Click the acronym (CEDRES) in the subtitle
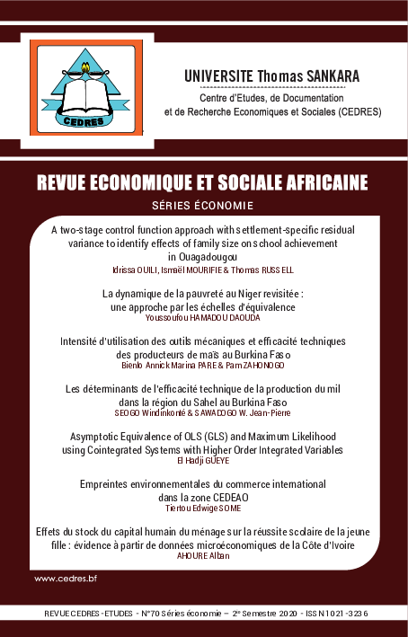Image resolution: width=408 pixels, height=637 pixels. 354,113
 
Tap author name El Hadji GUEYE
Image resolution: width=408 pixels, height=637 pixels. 202,460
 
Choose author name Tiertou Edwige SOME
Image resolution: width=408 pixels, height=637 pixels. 202,509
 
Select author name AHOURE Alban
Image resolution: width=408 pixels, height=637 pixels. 202,557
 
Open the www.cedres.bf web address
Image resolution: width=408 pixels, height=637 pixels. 66,579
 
